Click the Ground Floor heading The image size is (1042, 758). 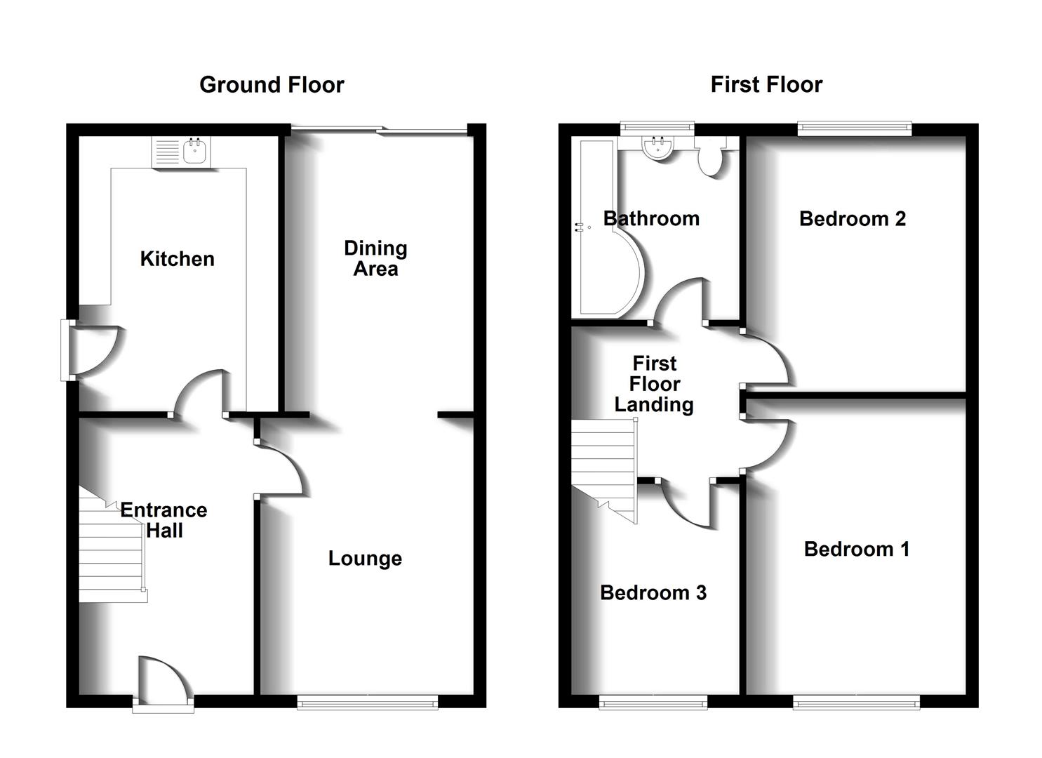click(272, 85)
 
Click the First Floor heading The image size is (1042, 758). click(766, 85)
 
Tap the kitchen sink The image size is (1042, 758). click(194, 152)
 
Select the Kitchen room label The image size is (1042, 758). click(177, 259)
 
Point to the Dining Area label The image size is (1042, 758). click(375, 258)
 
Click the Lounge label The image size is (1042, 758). click(365, 559)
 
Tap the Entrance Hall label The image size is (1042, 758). click(164, 520)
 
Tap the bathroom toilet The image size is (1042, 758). click(710, 158)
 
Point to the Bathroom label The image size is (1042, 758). click(651, 219)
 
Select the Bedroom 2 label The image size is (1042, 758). click(853, 219)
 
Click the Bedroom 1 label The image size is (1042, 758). click(857, 549)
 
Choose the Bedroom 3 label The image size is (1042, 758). click(653, 593)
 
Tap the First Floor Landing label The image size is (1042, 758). click(654, 384)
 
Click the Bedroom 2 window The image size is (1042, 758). click(855, 128)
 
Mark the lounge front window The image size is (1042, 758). click(367, 702)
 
